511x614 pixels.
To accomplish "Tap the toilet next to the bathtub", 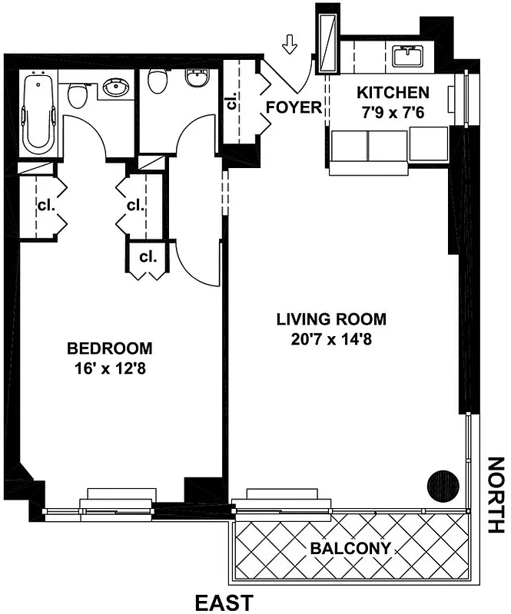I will (77, 96).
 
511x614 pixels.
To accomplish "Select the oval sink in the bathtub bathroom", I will (115, 88).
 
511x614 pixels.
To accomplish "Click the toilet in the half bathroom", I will (158, 81).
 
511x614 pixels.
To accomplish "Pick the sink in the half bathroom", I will (197, 79).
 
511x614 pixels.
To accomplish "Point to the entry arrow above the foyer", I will (290, 45).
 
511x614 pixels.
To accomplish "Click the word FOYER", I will (294, 107).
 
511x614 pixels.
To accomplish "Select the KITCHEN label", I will (393, 93).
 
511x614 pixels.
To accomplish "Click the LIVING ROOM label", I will (331, 319).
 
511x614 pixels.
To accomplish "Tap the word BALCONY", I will (350, 548).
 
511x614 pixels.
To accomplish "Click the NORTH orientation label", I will (497, 495).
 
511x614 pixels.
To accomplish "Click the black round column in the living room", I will (443, 486).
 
